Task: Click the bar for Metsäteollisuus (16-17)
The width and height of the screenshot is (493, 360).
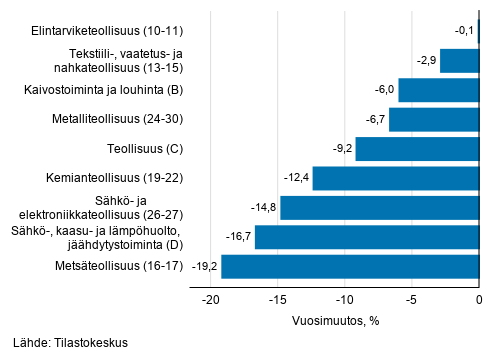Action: click(x=350, y=267)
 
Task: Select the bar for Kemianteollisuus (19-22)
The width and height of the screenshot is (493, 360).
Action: click(x=396, y=179)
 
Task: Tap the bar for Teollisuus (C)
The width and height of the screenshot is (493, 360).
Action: click(x=417, y=149)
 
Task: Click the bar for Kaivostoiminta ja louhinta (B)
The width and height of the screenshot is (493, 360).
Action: click(x=439, y=90)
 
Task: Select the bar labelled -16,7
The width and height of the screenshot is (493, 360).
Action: click(x=367, y=237)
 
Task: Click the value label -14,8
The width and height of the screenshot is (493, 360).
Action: click(x=263, y=208)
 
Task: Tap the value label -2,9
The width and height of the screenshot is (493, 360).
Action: click(x=424, y=61)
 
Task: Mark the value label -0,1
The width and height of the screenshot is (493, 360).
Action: click(x=463, y=31)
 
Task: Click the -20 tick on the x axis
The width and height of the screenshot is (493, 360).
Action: click(x=210, y=299)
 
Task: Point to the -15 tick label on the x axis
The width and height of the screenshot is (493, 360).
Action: click(x=277, y=299)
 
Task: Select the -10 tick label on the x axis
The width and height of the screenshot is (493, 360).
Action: click(x=344, y=299)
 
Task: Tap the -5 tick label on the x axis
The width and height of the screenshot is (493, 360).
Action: click(x=412, y=299)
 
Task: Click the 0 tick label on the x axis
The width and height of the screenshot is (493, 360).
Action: click(x=479, y=299)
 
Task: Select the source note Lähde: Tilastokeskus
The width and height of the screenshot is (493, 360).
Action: click(x=71, y=343)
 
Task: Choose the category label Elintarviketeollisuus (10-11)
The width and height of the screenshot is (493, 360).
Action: click(x=97, y=31)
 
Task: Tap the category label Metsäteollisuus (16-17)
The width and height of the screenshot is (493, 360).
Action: click(x=117, y=267)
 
